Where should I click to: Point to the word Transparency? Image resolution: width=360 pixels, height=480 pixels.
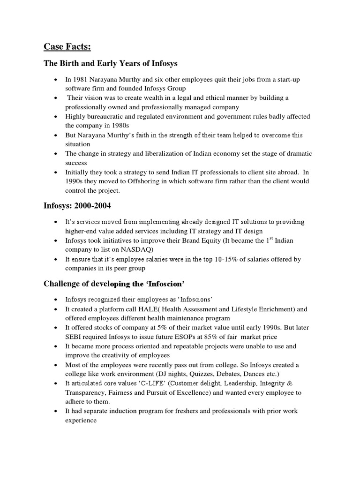tap(86, 393)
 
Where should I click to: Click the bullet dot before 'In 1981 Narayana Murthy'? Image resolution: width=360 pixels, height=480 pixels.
tap(56, 80)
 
